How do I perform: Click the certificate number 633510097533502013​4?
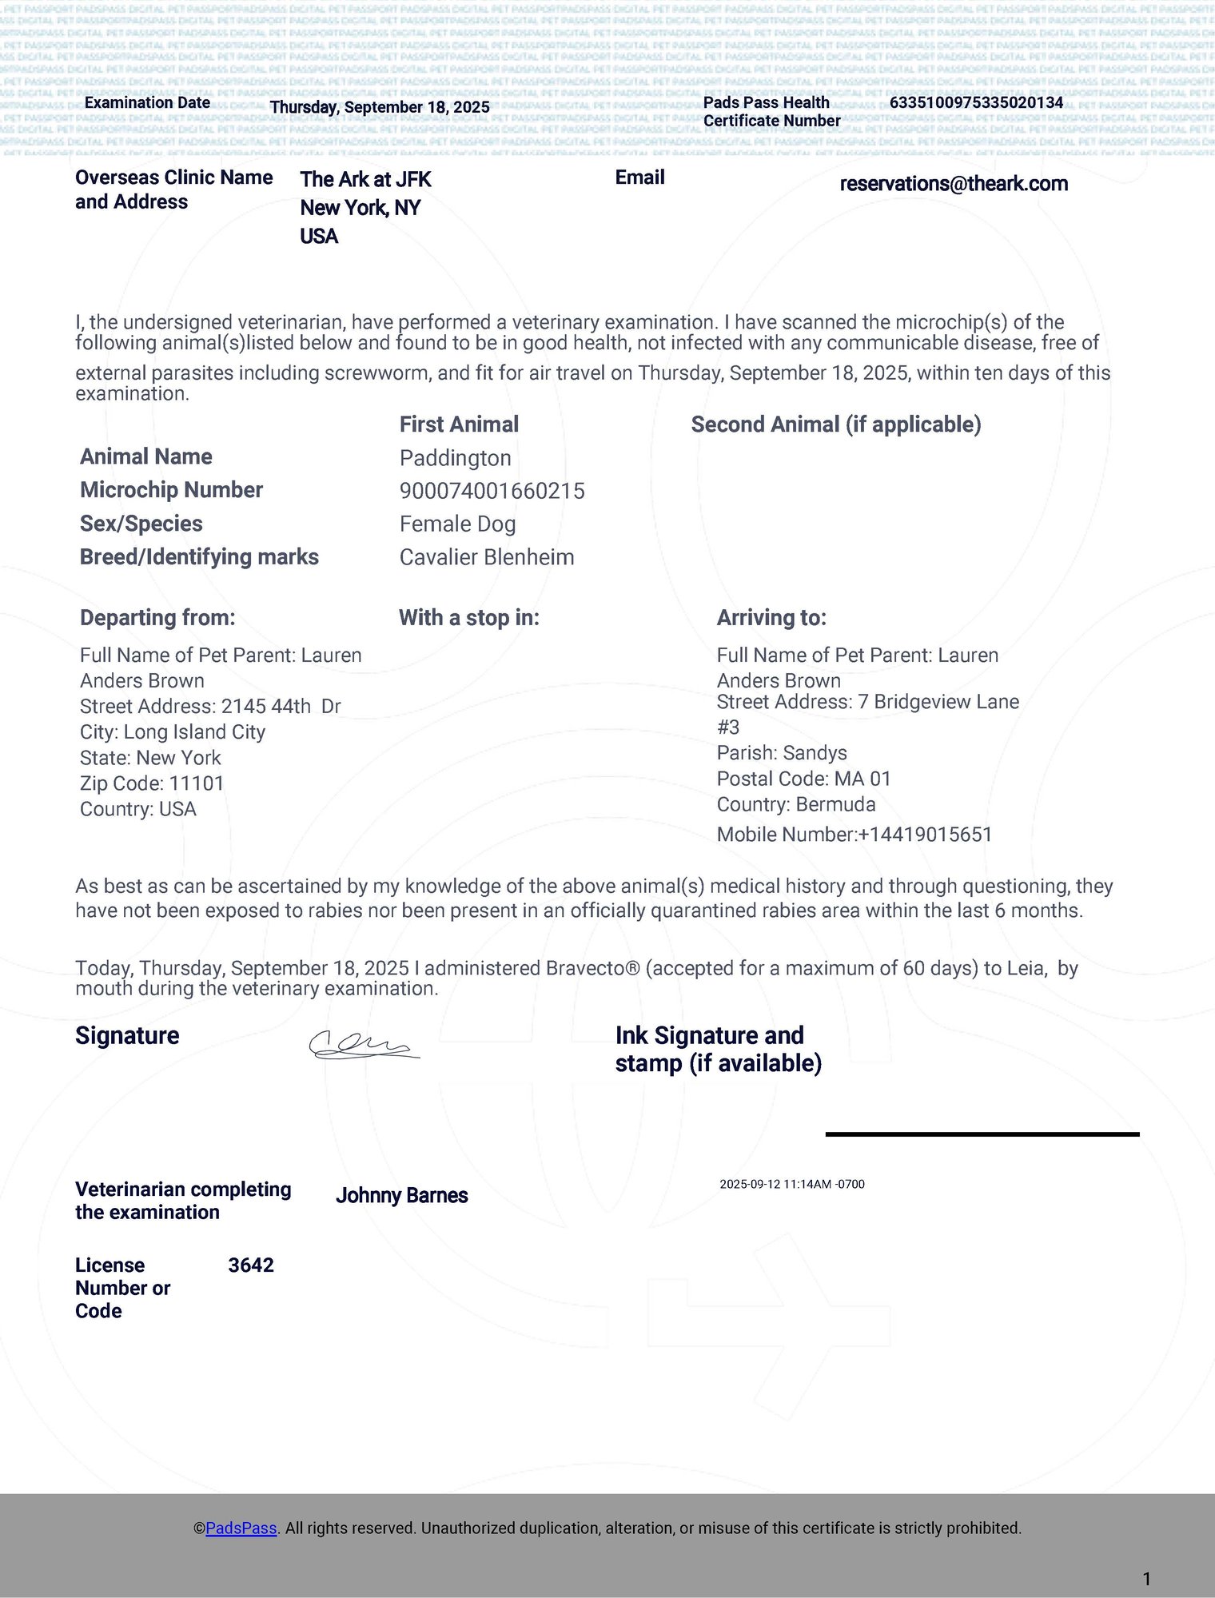[976, 102]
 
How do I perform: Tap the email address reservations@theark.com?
[954, 184]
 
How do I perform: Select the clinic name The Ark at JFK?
[365, 180]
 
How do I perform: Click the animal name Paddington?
[455, 458]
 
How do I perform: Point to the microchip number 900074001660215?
[492, 491]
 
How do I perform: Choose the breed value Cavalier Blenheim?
[486, 557]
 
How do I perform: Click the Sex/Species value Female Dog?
[457, 524]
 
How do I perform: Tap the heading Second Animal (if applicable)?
[835, 424]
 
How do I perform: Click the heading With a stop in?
[468, 618]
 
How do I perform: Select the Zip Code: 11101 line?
[152, 783]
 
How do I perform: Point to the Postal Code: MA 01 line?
[803, 779]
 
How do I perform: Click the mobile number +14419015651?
[925, 835]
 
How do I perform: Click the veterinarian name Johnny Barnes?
[401, 1196]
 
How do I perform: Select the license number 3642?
[251, 1265]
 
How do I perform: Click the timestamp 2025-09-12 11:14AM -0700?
[791, 1184]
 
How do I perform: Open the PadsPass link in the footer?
[241, 1528]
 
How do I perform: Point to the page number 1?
[1146, 1579]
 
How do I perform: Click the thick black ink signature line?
[982, 1134]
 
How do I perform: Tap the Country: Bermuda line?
[795, 804]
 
